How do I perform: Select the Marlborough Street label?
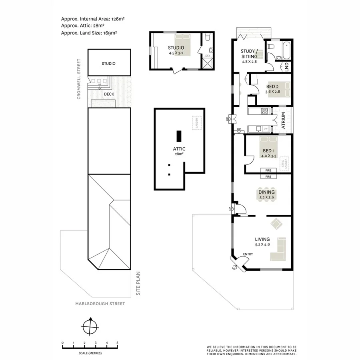[100, 304]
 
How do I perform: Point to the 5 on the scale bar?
[117, 343]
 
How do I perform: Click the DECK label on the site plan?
[108, 94]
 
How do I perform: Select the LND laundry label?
[287, 67]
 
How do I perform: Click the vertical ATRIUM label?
[283, 120]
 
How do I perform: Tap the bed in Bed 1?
[268, 145]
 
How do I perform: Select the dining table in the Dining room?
[267, 195]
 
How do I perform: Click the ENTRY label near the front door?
[248, 254]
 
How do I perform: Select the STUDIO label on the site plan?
[108, 63]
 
